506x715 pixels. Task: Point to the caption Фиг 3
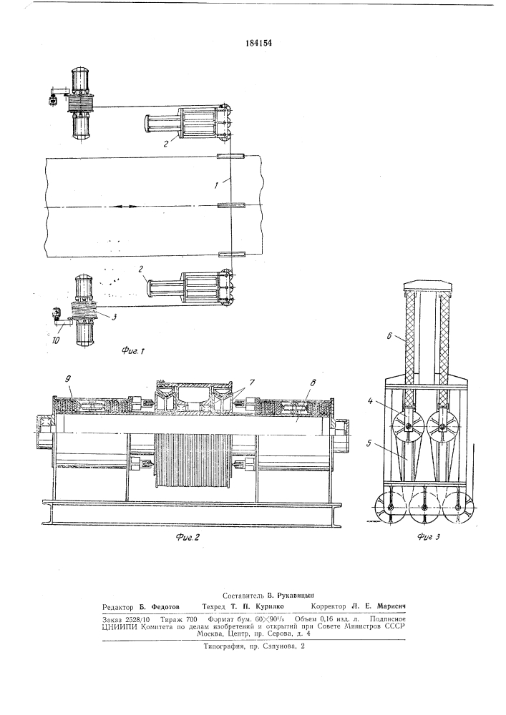429,537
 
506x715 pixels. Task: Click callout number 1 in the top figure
217,184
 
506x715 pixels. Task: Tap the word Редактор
117,607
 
